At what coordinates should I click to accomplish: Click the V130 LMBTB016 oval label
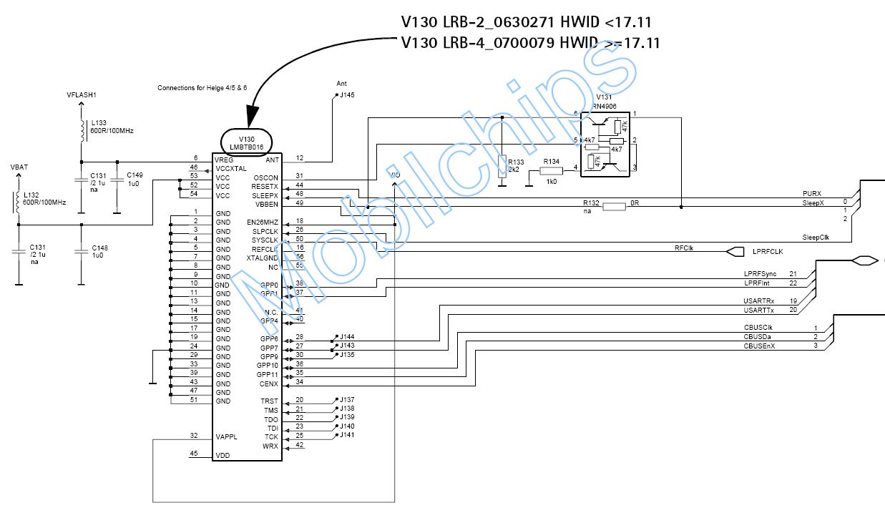(x=246, y=142)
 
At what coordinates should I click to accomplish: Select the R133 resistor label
(x=515, y=162)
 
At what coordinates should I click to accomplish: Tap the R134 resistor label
(x=551, y=162)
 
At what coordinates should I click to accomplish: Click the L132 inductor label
(x=31, y=195)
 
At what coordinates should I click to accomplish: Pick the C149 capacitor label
(x=135, y=175)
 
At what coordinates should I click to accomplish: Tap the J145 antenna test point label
(x=346, y=94)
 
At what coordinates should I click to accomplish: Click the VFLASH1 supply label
(x=81, y=94)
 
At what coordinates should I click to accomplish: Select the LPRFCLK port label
(x=768, y=252)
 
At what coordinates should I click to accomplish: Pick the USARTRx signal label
(x=759, y=301)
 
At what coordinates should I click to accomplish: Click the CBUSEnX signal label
(x=759, y=346)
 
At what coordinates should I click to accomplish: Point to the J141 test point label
(x=347, y=435)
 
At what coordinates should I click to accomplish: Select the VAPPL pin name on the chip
(x=226, y=436)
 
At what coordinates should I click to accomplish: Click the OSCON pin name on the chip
(x=265, y=177)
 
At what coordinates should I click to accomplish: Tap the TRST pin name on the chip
(x=269, y=401)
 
